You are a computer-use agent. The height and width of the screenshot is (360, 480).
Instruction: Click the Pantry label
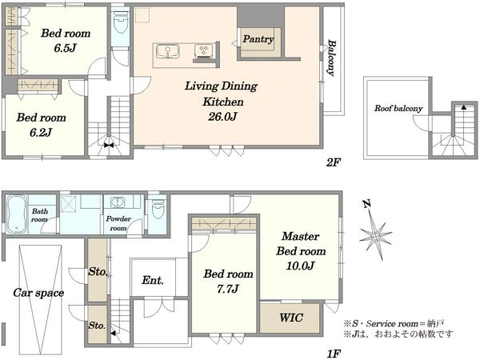pos(258,39)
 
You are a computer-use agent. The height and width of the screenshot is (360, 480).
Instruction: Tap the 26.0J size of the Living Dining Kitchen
pos(223,117)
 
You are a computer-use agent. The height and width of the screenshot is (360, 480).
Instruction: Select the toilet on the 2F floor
pos(121,22)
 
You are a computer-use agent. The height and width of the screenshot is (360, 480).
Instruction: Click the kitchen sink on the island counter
pos(168,51)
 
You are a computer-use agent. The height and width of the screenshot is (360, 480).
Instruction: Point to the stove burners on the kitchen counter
pos(203,51)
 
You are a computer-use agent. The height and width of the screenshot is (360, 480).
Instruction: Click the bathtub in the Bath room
pos(17,214)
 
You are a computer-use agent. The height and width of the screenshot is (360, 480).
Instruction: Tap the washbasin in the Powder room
pos(118,202)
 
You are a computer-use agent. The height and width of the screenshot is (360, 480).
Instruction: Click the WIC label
pos(291,318)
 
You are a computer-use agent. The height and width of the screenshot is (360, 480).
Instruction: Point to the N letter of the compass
pos(366,203)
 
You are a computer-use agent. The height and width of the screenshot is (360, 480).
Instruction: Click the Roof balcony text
pos(398,108)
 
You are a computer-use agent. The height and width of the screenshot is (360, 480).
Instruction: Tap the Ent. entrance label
pos(153,280)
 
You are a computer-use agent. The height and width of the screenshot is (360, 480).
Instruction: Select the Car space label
pos(38,293)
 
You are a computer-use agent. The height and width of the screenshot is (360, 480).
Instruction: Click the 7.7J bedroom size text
pos(228,289)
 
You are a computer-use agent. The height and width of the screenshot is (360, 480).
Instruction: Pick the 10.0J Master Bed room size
pos(300,266)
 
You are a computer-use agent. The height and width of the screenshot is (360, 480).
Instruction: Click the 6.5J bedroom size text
pos(66,48)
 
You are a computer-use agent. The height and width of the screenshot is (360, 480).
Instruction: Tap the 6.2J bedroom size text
pos(41,132)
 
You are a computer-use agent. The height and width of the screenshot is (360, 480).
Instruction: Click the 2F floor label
pos(333,162)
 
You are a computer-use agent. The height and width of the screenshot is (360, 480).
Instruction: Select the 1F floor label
pos(334,354)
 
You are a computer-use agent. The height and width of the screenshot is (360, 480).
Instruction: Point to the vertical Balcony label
pos(331,58)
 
